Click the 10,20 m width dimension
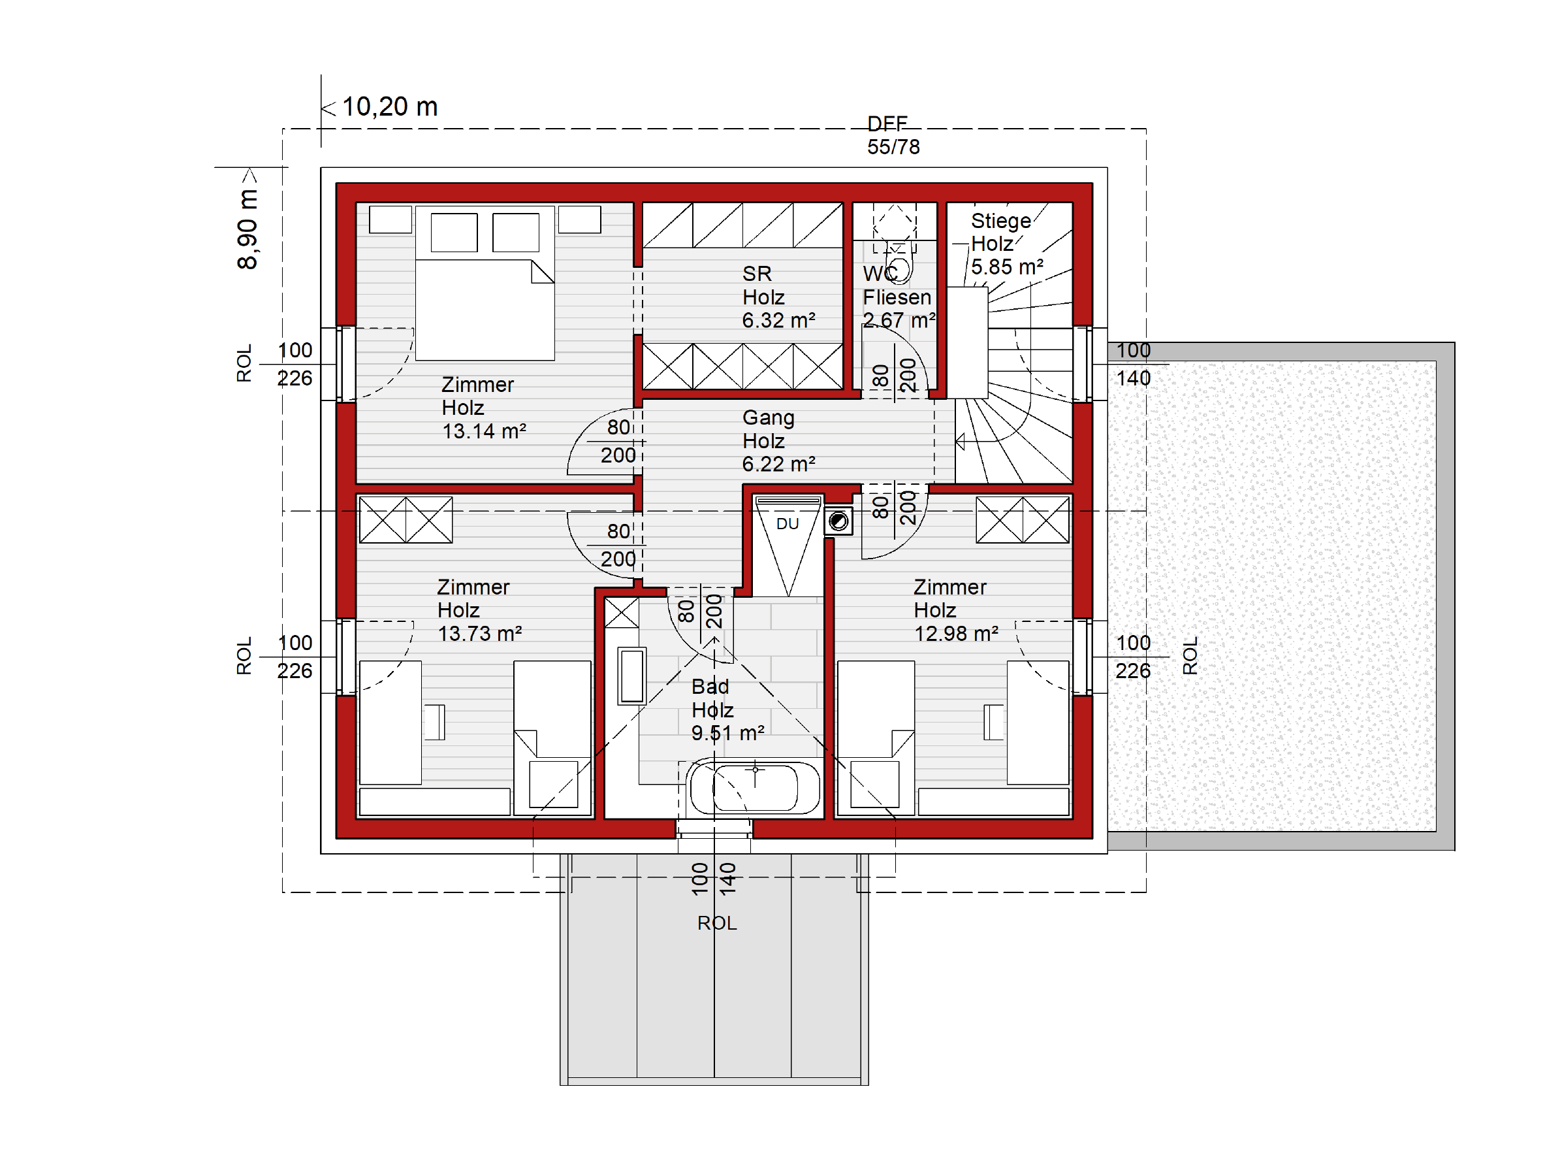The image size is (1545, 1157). (390, 107)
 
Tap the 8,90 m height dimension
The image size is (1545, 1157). (247, 229)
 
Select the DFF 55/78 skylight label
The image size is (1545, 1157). (893, 135)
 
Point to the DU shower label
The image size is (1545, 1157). (787, 523)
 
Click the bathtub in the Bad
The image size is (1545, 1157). (754, 787)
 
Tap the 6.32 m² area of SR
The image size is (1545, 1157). (778, 320)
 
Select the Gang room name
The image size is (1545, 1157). (769, 417)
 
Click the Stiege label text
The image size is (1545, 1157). (1000, 221)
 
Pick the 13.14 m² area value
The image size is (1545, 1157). (484, 431)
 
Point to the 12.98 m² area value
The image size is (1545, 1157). (956, 634)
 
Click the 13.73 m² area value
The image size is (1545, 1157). (480, 634)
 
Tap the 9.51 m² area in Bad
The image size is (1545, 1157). (728, 733)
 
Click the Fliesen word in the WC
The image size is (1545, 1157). (897, 298)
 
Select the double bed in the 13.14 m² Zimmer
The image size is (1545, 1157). (485, 283)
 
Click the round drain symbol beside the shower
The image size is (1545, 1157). (838, 521)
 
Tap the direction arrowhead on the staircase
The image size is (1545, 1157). (961, 442)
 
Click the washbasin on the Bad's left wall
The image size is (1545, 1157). (631, 676)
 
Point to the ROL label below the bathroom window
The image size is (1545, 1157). (716, 923)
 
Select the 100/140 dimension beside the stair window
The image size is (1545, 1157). (1133, 364)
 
